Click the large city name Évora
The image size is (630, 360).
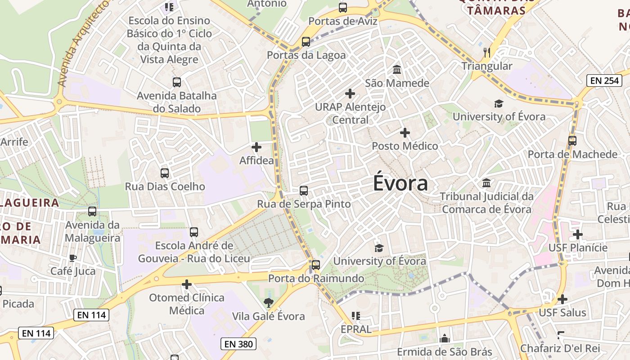[x=400, y=184]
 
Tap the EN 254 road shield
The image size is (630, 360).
[x=605, y=81]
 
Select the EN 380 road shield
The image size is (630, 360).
[x=238, y=344]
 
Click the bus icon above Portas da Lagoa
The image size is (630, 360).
[x=306, y=42]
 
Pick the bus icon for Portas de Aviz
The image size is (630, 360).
[x=343, y=7]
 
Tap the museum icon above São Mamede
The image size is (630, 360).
[x=397, y=70]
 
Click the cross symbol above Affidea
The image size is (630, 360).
[x=256, y=147]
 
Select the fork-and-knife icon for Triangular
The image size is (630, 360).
[x=486, y=53]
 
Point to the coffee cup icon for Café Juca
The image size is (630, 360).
[x=73, y=258]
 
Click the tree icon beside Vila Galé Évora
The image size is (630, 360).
[x=269, y=303]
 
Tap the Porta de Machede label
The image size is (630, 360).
[x=572, y=154]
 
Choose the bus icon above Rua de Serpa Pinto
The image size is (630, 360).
[x=304, y=191]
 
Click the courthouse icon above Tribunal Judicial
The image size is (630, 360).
[x=486, y=183]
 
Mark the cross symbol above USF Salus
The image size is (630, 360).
[x=562, y=299]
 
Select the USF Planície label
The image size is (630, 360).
[x=578, y=247]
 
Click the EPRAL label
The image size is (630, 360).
[x=356, y=329]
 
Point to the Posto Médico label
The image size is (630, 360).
[x=405, y=146]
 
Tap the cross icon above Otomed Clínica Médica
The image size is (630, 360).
[x=187, y=284]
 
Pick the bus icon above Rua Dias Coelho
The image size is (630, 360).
[x=165, y=173]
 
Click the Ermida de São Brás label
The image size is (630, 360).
[x=445, y=351]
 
